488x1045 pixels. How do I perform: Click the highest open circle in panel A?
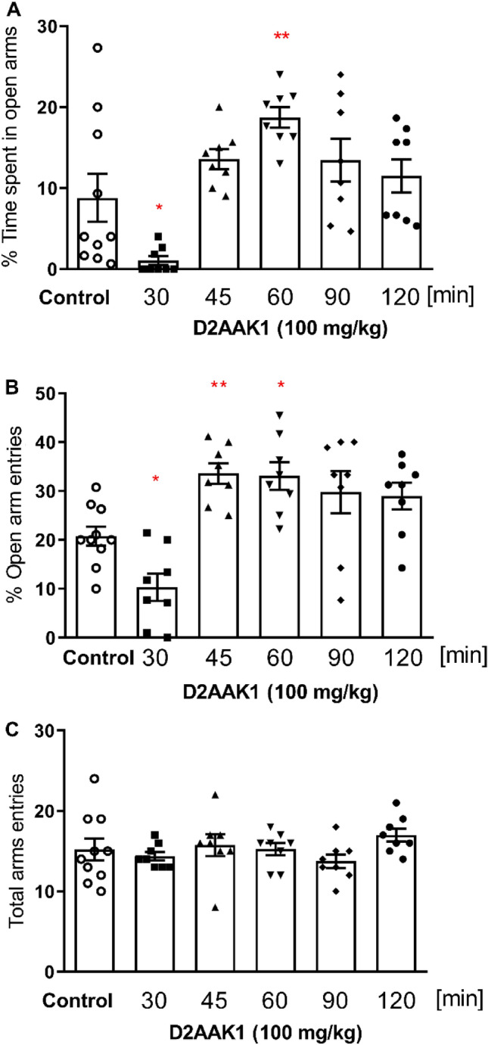pos(97,47)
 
